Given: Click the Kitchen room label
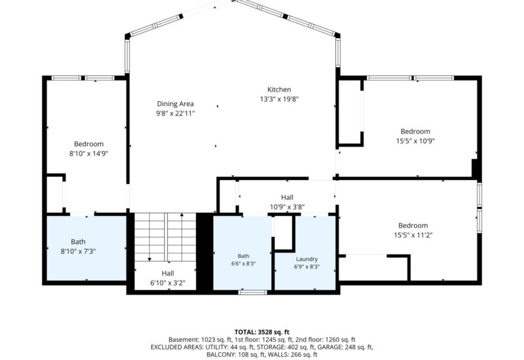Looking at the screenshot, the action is coord(279,90).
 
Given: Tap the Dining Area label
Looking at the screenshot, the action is coord(176,104).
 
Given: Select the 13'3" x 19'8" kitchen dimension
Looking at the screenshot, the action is coord(279,99).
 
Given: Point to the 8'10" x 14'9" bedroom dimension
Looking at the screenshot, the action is coord(89,154).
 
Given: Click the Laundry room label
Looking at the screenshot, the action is coord(307,259).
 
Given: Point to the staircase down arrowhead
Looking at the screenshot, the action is coord(149,259).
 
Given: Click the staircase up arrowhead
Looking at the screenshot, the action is coord(181,215).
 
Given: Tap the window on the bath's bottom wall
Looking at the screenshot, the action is coord(253,293).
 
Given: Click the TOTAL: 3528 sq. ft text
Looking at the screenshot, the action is coord(261,332).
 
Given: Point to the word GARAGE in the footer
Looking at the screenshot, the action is coord(329,348).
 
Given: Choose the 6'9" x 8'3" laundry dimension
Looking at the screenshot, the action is coord(307,267).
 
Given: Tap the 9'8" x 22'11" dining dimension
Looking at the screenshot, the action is coord(176,113).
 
